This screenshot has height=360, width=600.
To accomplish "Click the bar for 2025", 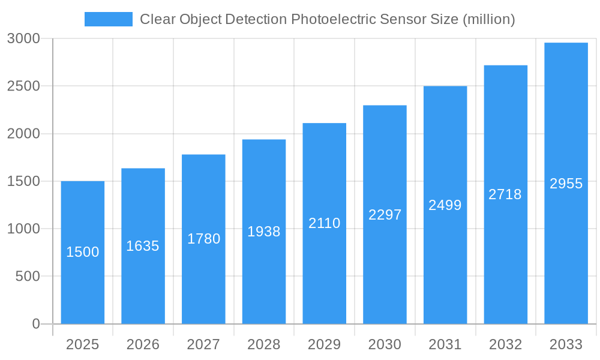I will [83, 288].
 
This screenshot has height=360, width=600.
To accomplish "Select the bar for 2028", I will [264, 276].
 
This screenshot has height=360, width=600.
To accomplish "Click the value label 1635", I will [143, 246].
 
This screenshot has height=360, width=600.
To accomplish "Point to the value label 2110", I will [324, 223].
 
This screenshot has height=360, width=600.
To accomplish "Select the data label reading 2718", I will [505, 194].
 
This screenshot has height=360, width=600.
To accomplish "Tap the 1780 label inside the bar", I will [203, 239].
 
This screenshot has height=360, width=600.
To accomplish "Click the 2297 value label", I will [385, 215].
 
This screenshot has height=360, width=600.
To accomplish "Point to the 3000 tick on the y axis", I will [23, 38].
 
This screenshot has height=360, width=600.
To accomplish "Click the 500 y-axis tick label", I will [28, 276].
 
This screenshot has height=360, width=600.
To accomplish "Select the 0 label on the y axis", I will [35, 324].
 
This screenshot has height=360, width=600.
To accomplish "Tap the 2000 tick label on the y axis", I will [23, 134].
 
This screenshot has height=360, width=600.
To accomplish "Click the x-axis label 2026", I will [143, 344].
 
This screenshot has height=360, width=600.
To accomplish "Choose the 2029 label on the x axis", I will [324, 344].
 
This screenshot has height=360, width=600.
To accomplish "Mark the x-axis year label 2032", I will [505, 344].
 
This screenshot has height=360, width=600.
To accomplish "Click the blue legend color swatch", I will [108, 19].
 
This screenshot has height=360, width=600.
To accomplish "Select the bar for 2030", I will [385, 270].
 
